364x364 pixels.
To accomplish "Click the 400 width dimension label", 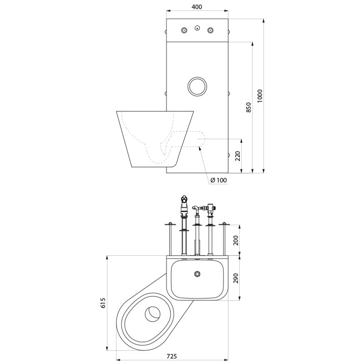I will [197, 7].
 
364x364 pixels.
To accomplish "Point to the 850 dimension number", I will [248, 107].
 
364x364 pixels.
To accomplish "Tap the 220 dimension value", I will [238, 156].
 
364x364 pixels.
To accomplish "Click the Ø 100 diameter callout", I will [218, 180].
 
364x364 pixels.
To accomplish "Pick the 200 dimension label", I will [235, 240].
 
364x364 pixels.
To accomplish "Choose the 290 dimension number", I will [235, 278].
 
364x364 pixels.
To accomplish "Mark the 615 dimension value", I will [103, 303].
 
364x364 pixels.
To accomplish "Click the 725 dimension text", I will [172, 356].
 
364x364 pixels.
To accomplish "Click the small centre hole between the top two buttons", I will [197, 28].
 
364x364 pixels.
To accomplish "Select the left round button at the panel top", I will [184, 30].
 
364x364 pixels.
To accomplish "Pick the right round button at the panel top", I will [210, 30].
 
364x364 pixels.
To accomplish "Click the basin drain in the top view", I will [197, 274].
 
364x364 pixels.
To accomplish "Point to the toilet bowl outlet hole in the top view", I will [153, 313].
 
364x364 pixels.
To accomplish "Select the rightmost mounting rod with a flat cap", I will [224, 239].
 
